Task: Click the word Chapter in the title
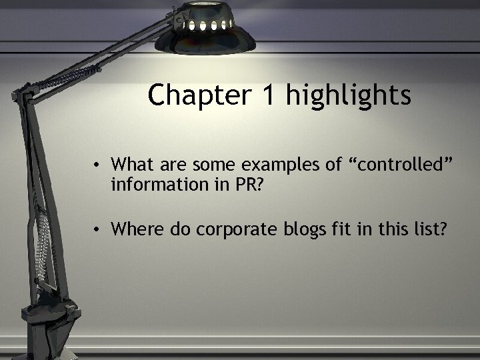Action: coord(198,95)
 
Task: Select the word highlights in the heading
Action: coord(349,95)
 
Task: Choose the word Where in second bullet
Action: coord(134,229)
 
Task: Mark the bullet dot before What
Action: coord(97,164)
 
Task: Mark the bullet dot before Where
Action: coord(97,230)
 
